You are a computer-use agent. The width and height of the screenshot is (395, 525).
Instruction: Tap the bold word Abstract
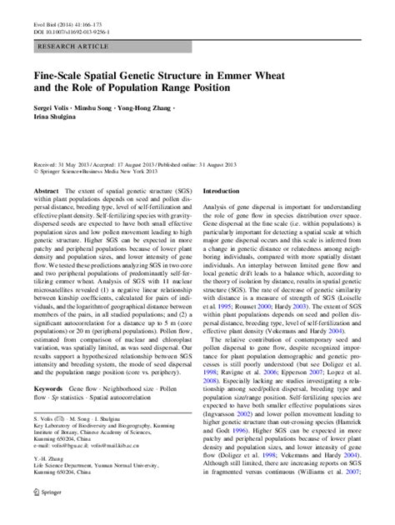tap(46, 191)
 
